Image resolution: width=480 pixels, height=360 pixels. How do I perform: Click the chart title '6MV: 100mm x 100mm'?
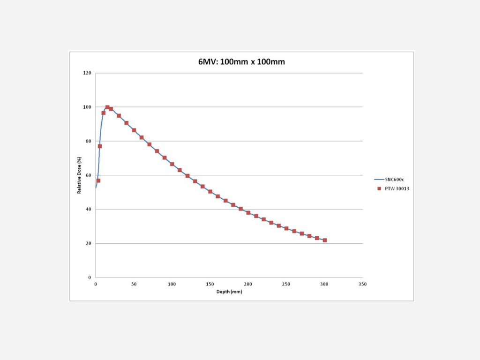241,62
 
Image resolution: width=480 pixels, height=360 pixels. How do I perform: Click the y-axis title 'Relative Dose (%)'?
79,175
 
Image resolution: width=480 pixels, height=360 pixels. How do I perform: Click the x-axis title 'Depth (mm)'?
229,292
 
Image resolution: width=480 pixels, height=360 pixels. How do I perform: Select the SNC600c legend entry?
391,180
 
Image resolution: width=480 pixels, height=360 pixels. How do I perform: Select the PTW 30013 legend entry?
392,188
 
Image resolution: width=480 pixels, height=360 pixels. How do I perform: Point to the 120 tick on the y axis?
87,73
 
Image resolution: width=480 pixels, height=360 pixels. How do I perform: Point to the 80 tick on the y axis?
88,141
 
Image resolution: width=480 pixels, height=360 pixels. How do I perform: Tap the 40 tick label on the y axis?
88,210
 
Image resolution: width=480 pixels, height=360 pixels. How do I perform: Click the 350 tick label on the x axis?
362,285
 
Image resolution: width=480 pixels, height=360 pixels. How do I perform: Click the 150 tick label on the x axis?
210,285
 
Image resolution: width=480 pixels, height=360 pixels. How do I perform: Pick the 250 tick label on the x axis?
286,285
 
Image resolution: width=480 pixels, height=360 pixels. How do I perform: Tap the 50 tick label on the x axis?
134,285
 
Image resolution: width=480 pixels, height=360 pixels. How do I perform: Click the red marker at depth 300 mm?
324,240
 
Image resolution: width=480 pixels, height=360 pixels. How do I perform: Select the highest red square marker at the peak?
107,107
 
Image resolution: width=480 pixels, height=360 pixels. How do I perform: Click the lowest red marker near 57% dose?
98,180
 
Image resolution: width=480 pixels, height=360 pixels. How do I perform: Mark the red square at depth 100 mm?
172,164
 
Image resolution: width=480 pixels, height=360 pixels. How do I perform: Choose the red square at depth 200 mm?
248,212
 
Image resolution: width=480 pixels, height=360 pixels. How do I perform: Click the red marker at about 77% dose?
100,146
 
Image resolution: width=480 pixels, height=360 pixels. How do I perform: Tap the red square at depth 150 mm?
210,191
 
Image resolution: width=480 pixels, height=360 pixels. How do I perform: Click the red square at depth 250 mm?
286,228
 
